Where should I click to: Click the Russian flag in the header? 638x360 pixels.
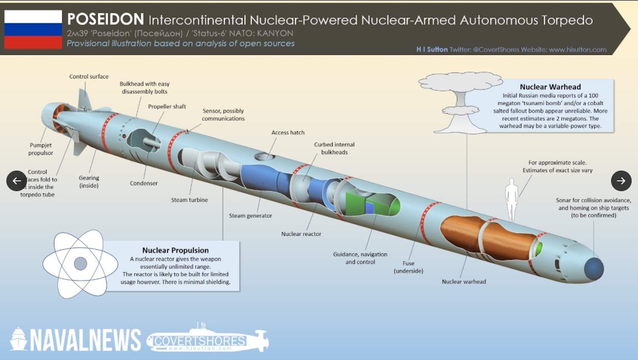pyautogui.click(x=33, y=29)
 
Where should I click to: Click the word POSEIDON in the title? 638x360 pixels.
pyautogui.click(x=105, y=19)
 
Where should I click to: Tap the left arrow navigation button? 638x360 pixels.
pyautogui.click(x=17, y=181)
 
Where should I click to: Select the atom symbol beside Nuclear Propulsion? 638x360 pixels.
pyautogui.click(x=80, y=264)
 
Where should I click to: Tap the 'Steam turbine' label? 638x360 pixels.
pyautogui.click(x=189, y=200)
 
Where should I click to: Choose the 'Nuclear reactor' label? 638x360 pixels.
pyautogui.click(x=301, y=234)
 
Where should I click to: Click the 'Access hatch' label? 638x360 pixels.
pyautogui.click(x=288, y=133)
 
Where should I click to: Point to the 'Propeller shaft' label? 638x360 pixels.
pyautogui.click(x=167, y=107)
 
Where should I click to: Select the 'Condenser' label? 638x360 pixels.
pyautogui.click(x=144, y=183)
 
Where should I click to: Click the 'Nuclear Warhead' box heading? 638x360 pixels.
pyautogui.click(x=550, y=87)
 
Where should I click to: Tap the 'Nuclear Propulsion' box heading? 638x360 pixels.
pyautogui.click(x=175, y=251)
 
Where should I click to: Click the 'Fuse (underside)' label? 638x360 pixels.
pyautogui.click(x=408, y=267)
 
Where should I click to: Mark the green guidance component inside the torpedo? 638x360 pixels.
pyautogui.click(x=357, y=203)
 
